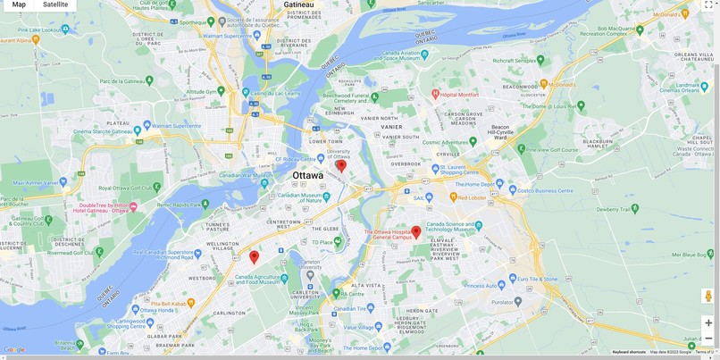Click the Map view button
(x=19, y=5)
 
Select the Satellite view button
(x=55, y=5)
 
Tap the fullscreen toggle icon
(x=708, y=5)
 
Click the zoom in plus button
(x=708, y=322)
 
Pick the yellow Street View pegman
(x=708, y=296)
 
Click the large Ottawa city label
(x=308, y=176)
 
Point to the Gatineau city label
(x=298, y=4)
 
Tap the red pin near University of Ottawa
(x=340, y=165)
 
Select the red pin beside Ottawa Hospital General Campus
(x=415, y=231)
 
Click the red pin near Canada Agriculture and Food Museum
(x=254, y=256)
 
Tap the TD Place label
(x=322, y=242)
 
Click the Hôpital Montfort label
(x=460, y=94)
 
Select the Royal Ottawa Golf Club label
(x=124, y=188)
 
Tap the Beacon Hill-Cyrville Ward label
(x=500, y=131)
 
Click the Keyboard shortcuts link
(x=629, y=352)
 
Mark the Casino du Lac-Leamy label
(x=273, y=93)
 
